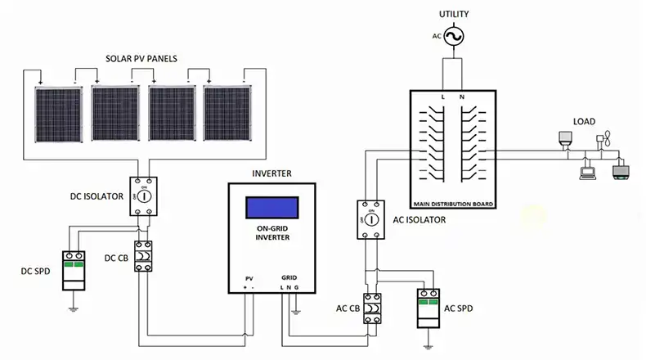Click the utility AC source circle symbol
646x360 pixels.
pyautogui.click(x=453, y=37)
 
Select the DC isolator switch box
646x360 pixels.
pyautogui.click(x=144, y=197)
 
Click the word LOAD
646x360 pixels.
pyautogui.click(x=584, y=122)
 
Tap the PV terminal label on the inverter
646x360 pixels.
pyautogui.click(x=249, y=279)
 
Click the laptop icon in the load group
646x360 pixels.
pyautogui.click(x=587, y=172)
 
